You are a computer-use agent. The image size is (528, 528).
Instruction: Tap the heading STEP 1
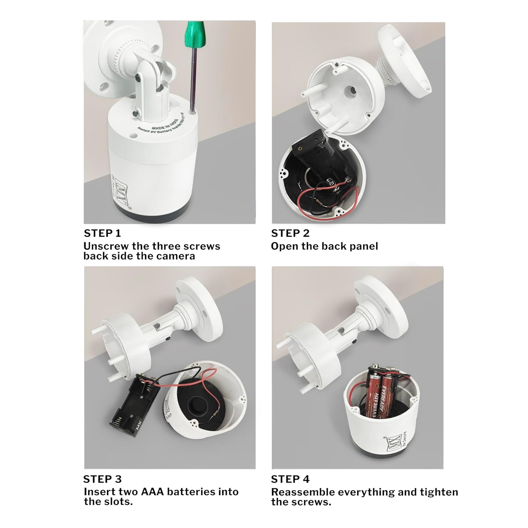(102, 233)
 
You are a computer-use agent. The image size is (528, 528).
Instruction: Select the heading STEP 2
(290, 233)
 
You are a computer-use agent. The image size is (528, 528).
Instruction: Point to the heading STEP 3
(102, 479)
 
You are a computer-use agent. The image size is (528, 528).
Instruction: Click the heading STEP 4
(290, 479)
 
